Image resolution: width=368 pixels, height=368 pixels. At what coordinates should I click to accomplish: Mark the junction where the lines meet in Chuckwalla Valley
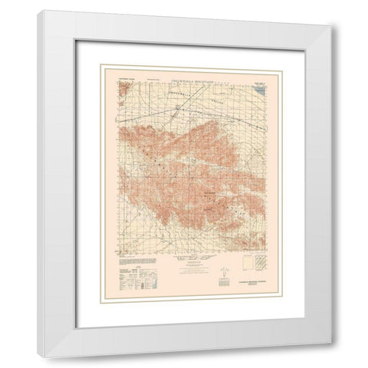click(x=177, y=110)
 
